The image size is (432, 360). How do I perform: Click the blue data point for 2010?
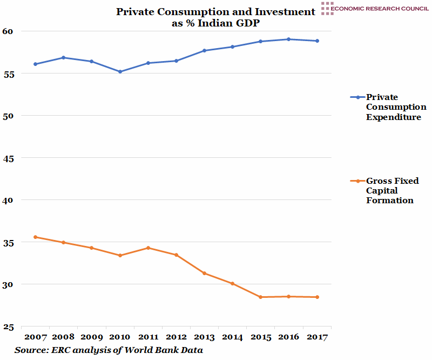120,71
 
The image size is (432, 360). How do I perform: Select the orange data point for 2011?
148,248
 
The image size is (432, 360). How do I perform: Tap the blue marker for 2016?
289,39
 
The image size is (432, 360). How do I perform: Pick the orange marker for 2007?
35,237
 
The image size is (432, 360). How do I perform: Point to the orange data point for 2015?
260,297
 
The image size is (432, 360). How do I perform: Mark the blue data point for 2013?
204,50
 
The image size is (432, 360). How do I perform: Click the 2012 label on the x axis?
176,337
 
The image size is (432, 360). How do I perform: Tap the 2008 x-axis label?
63,337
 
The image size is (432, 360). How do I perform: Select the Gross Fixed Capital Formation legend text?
392,190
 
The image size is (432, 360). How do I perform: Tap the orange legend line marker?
357,181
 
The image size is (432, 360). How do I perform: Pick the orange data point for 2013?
204,273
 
